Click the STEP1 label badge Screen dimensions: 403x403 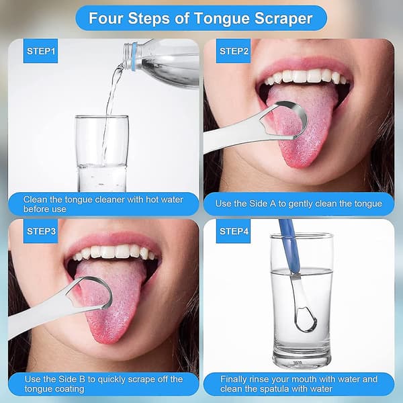tap(40, 51)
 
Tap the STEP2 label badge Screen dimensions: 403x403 tap(233, 51)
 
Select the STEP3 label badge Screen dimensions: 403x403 tap(40, 231)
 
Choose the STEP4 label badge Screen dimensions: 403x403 tap(233, 231)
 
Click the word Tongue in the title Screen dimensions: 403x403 tap(222, 19)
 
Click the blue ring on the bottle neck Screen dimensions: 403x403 tap(134, 57)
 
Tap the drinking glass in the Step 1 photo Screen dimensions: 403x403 tap(102, 154)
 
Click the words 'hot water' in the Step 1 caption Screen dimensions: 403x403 tap(165, 199)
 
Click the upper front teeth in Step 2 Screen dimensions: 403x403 tap(306, 77)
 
